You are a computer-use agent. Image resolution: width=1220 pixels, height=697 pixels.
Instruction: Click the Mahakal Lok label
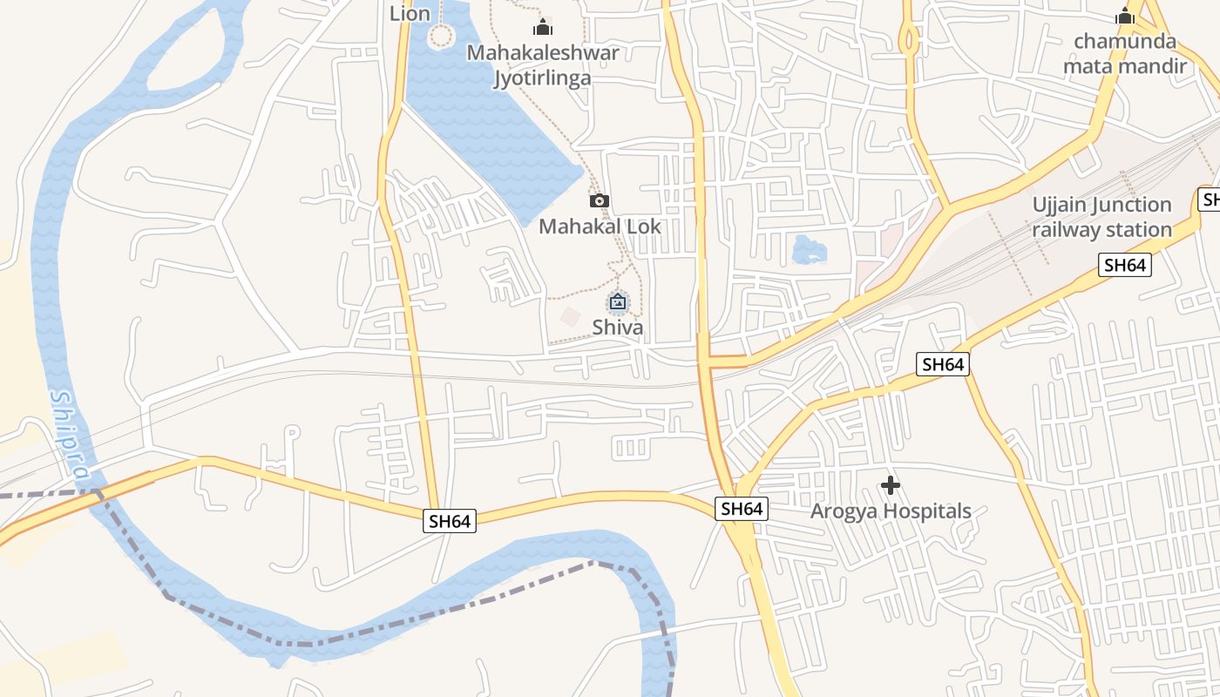click(x=600, y=227)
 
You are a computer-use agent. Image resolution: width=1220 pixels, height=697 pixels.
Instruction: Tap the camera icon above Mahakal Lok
click(x=600, y=201)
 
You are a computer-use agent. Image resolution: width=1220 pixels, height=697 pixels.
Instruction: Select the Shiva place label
click(x=618, y=328)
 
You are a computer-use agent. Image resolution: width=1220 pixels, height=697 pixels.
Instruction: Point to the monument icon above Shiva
click(x=618, y=302)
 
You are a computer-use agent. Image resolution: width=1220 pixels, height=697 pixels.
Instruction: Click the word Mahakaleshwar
click(x=543, y=52)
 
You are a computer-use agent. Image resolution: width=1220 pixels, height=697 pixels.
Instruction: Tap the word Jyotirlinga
click(x=543, y=78)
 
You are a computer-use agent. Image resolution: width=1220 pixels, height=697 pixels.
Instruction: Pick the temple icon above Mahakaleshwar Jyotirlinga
click(x=543, y=27)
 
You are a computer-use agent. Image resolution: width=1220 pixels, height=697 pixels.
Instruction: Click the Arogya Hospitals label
click(x=891, y=511)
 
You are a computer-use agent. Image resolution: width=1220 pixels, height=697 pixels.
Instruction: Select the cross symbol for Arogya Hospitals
click(x=891, y=485)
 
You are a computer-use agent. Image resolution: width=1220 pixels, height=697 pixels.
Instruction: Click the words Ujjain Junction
click(x=1101, y=205)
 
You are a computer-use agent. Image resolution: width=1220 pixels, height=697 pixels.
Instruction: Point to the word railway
click(x=1065, y=230)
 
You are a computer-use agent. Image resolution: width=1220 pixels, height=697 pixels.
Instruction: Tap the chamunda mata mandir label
click(x=1124, y=53)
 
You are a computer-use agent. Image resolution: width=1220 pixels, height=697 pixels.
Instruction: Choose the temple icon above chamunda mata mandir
click(x=1125, y=16)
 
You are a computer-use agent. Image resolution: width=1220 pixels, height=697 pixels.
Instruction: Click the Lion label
click(x=410, y=13)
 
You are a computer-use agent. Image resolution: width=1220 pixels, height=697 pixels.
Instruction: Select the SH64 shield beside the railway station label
click(x=1125, y=265)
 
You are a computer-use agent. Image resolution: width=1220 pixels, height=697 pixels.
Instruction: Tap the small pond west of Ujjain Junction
click(x=809, y=250)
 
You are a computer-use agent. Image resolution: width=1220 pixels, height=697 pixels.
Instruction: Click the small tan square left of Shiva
click(x=570, y=317)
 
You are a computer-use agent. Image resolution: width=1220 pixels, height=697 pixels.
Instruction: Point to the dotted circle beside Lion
click(x=442, y=37)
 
